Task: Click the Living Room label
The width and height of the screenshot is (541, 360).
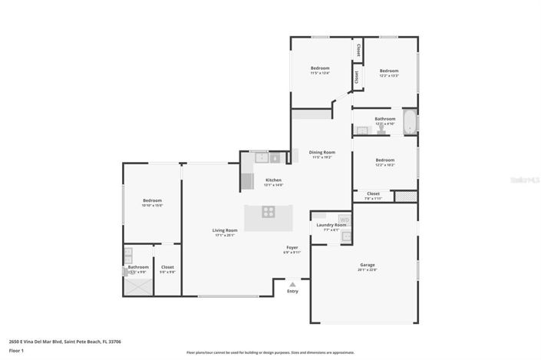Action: pyautogui.click(x=225, y=230)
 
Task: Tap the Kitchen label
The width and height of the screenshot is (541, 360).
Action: pyautogui.click(x=273, y=180)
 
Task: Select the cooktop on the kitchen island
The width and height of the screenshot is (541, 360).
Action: pyautogui.click(x=269, y=211)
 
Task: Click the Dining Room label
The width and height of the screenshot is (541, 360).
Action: pyautogui.click(x=322, y=152)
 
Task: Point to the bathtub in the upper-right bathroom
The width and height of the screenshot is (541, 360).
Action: pyautogui.click(x=410, y=122)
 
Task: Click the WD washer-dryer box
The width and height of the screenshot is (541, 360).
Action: pyautogui.click(x=345, y=220)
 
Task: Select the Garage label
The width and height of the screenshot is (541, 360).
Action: pyautogui.click(x=368, y=265)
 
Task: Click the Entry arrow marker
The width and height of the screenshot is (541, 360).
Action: pyautogui.click(x=292, y=285)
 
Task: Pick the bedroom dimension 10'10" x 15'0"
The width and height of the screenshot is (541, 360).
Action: pyautogui.click(x=152, y=206)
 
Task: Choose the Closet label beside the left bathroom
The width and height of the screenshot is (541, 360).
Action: pyautogui.click(x=167, y=267)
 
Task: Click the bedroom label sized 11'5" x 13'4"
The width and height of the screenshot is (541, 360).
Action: pyautogui.click(x=320, y=68)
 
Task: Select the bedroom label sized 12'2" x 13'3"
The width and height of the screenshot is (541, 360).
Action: pyautogui.click(x=388, y=71)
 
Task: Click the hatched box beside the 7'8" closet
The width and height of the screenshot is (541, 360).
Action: pyautogui.click(x=405, y=197)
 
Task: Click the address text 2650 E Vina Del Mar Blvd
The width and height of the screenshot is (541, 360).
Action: pyautogui.click(x=64, y=341)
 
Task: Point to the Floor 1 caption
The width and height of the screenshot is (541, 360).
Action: pyautogui.click(x=17, y=350)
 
